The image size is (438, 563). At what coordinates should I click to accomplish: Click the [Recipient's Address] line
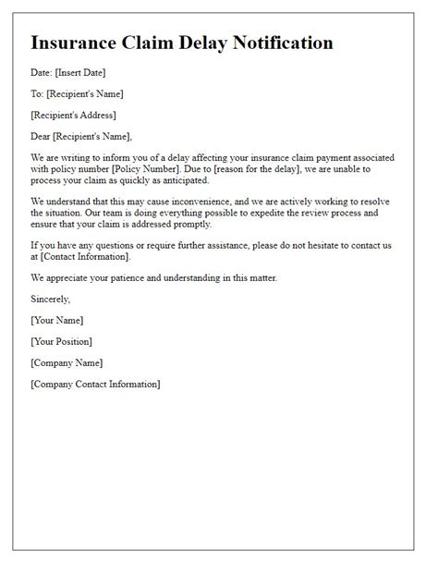[x=75, y=116]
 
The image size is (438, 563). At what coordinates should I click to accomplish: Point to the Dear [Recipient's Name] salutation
[x=80, y=138]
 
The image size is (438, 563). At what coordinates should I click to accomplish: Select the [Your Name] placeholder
[x=56, y=321]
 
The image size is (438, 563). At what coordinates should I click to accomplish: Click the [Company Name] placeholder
[x=67, y=362]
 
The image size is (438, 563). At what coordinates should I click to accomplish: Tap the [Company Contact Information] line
[x=95, y=384]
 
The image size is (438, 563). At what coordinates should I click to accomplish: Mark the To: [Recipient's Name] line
[x=77, y=94]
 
